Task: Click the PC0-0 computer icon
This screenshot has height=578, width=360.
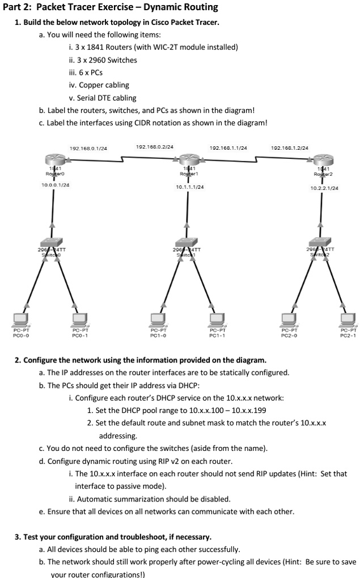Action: [x=21, y=319]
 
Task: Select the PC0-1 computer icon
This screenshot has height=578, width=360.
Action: [x=80, y=319]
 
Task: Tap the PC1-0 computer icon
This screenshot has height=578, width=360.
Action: [x=159, y=319]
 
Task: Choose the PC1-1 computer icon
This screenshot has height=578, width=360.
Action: [x=217, y=319]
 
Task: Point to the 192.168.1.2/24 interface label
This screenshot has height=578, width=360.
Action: [x=290, y=147]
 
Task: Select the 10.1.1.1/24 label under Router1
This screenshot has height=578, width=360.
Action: [x=190, y=186]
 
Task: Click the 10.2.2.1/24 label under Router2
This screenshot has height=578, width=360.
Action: [x=325, y=187]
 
